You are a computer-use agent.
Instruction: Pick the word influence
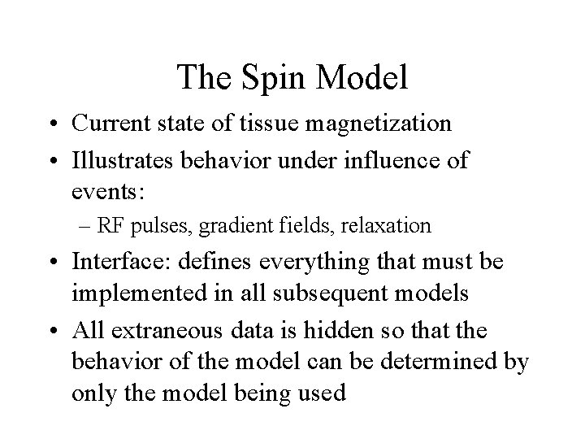[388, 161]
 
